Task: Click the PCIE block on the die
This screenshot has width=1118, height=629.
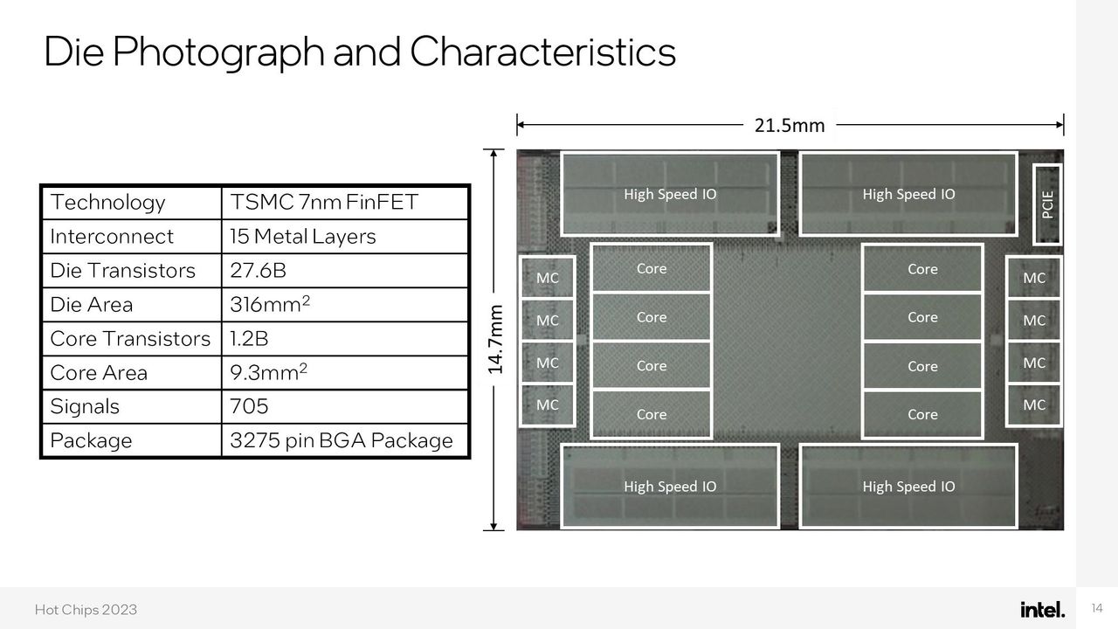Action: [x=1047, y=204]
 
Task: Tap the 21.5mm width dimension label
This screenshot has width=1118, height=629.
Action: [x=790, y=125]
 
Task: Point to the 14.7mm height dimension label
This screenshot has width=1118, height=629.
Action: [x=495, y=340]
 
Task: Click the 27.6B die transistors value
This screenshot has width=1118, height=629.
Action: [x=258, y=271]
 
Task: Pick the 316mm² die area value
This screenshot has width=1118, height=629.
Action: [x=270, y=304]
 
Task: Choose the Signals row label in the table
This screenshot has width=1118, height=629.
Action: [x=85, y=406]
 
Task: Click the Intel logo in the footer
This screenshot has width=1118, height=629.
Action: [x=1042, y=610]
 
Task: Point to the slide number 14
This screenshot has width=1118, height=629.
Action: [x=1097, y=608]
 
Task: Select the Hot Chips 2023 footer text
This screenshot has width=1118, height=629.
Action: [x=86, y=610]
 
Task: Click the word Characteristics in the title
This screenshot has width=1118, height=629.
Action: [x=543, y=52]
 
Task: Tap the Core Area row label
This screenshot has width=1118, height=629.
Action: [x=99, y=373]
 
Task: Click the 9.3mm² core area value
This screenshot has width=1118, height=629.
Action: [x=268, y=372]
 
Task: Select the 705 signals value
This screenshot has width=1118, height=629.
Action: [x=249, y=406]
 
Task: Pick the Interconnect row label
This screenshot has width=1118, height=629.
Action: [x=112, y=237]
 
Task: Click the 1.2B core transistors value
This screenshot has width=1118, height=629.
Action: [x=249, y=338]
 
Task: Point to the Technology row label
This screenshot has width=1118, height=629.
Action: [x=107, y=203]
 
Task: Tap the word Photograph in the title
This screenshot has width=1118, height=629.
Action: [x=218, y=52]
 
